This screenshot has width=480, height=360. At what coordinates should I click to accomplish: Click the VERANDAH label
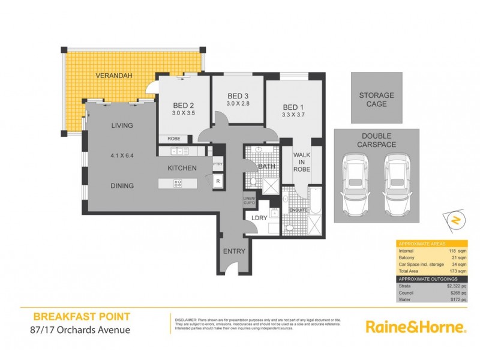pyautogui.click(x=115, y=76)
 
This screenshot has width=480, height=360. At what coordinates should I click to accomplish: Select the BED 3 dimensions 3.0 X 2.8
pyautogui.click(x=238, y=104)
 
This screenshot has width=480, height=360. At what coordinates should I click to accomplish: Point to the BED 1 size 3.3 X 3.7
pyautogui.click(x=294, y=113)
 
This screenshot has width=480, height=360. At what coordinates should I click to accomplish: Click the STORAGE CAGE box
pyautogui.click(x=376, y=99)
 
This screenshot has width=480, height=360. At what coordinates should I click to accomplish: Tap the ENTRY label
pyautogui.click(x=234, y=251)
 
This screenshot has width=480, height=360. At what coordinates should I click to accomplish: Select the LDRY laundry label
pyautogui.click(x=259, y=218)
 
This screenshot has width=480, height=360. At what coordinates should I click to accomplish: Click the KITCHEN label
pyautogui.click(x=182, y=168)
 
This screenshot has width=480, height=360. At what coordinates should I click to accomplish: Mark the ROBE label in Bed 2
pyautogui.click(x=174, y=138)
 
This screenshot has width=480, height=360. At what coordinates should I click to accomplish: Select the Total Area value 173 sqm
pyautogui.click(x=454, y=271)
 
